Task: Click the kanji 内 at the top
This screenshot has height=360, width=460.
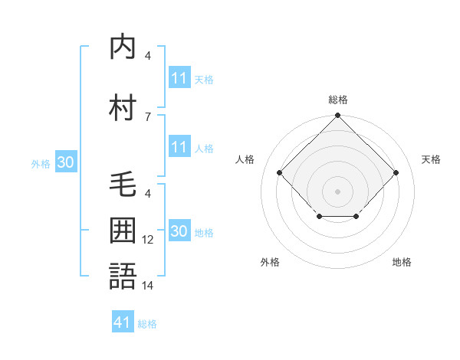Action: click(123, 47)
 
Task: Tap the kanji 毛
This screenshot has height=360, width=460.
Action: click(123, 185)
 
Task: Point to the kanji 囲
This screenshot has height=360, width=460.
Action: click(123, 230)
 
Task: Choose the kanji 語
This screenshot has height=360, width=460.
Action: click(123, 276)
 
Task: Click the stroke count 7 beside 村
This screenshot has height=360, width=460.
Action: click(147, 116)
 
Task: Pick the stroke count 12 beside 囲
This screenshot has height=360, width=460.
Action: click(148, 240)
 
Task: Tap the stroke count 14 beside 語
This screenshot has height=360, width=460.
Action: click(148, 285)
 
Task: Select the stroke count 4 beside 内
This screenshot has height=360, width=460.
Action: click(147, 56)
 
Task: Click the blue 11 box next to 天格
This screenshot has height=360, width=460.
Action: click(179, 78)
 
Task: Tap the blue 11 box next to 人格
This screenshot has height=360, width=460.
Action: click(179, 147)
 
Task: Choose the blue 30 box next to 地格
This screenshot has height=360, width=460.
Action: click(179, 231)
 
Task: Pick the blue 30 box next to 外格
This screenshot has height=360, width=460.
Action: click(65, 162)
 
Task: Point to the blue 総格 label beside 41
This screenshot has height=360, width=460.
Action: click(147, 324)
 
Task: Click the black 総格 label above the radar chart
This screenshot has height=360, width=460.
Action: click(337, 100)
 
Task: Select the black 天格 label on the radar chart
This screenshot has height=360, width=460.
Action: click(431, 159)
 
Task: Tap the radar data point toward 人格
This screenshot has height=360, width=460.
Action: click(280, 173)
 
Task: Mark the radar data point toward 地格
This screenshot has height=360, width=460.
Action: click(356, 218)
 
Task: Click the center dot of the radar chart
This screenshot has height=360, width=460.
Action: click(337, 191)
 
